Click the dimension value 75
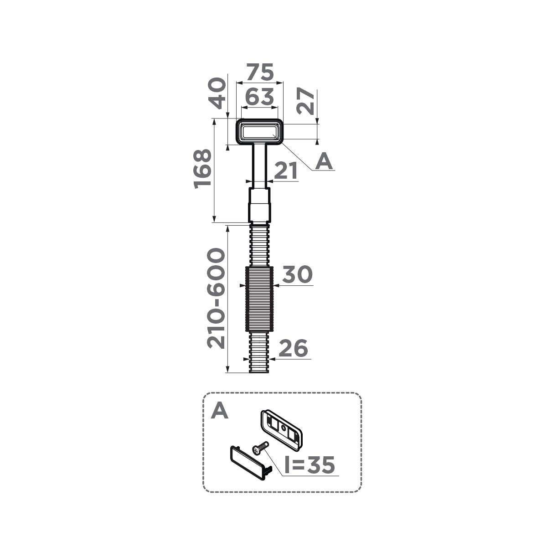coord(260,72)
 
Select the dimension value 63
coord(259,97)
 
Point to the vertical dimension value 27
coord(305,101)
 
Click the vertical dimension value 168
coord(202,169)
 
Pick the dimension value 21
coord(286,171)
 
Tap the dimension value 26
coord(293,348)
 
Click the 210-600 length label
coord(216,298)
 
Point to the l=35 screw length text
coord(310,464)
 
